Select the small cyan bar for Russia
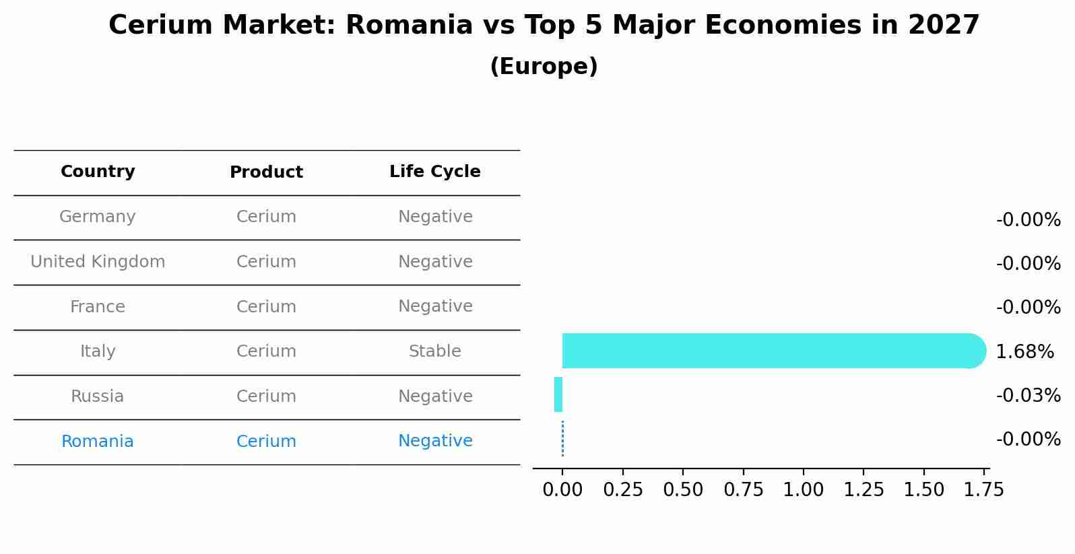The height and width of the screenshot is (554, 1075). (558, 394)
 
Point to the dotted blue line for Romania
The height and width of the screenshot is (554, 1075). (562, 439)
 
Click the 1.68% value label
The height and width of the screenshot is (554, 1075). (1024, 351)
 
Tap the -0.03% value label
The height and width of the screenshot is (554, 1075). (1028, 395)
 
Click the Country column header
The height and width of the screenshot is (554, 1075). (98, 172)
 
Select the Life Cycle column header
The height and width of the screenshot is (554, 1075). (434, 172)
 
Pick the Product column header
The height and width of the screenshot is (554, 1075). (266, 172)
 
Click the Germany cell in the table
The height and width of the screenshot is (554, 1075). (98, 217)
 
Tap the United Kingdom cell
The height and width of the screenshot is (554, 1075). (98, 262)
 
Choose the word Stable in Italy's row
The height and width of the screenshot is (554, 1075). (434, 351)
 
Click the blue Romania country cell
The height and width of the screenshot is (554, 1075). (98, 442)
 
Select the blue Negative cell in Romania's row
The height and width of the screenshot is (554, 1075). (434, 441)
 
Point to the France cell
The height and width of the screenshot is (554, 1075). (98, 307)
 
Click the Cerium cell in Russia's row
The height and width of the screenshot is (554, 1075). (266, 396)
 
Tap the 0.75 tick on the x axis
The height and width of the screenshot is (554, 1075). (743, 489)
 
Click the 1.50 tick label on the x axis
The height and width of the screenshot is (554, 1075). (924, 489)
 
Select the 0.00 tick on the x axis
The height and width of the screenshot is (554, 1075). (562, 489)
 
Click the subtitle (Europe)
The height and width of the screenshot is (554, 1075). (544, 67)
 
